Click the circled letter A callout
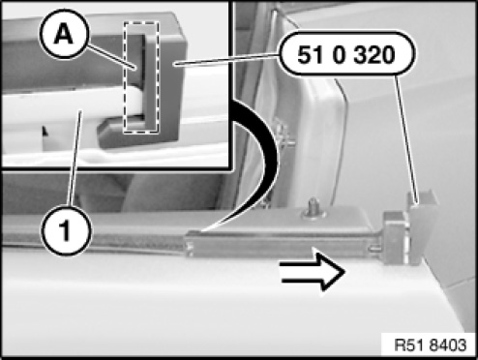(63, 34)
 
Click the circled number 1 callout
(66, 230)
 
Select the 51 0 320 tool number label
(346, 54)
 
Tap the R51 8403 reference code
(431, 345)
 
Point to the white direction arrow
(313, 271)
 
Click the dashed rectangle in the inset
(141, 77)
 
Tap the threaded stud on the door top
(314, 208)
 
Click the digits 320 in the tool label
(373, 55)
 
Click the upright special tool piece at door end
(421, 226)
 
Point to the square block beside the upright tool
(394, 237)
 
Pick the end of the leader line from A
(135, 69)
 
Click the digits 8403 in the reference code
(449, 345)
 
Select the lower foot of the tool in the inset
(124, 134)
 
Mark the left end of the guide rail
(187, 244)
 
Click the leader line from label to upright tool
(407, 139)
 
